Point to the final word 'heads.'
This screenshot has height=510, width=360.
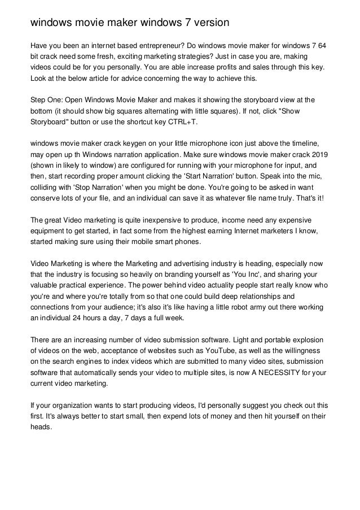[41, 427]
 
